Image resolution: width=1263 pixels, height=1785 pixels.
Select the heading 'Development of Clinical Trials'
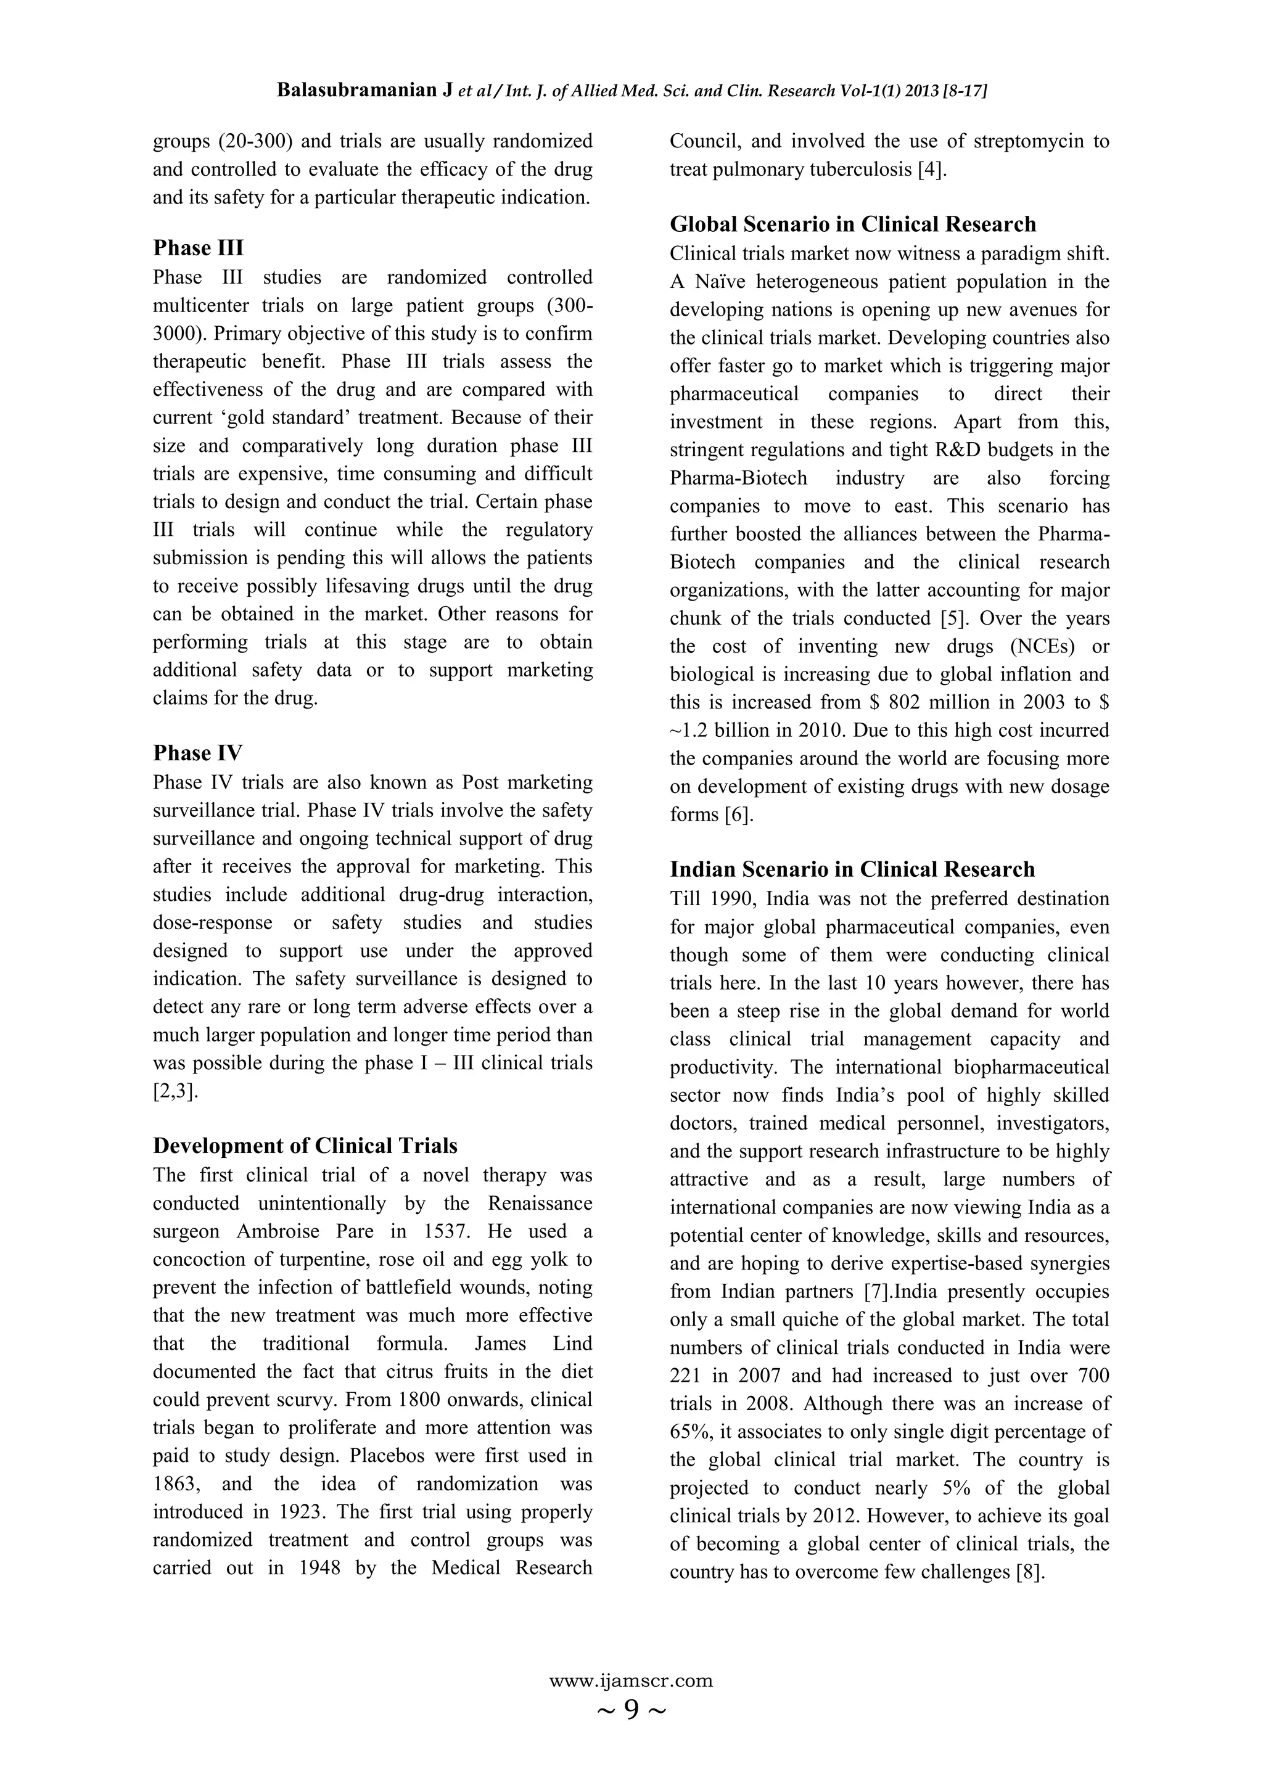[x=305, y=1146]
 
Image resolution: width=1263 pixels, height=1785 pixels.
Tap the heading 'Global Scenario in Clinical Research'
[x=852, y=224]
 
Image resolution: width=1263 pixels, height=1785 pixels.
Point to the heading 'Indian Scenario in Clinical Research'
[x=852, y=869]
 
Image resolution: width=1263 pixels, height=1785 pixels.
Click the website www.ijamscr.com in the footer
[x=631, y=1681]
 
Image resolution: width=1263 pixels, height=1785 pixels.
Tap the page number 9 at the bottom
[x=631, y=1710]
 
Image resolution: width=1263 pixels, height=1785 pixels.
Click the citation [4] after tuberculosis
[x=932, y=170]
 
